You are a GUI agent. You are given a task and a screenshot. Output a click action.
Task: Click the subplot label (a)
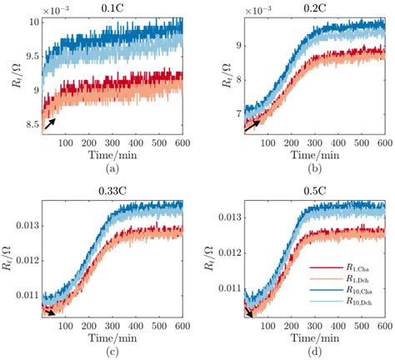point(114,167)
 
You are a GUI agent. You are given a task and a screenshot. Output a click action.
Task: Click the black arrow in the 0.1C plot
point(50,123)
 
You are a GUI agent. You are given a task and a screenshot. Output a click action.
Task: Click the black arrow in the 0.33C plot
point(51,312)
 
